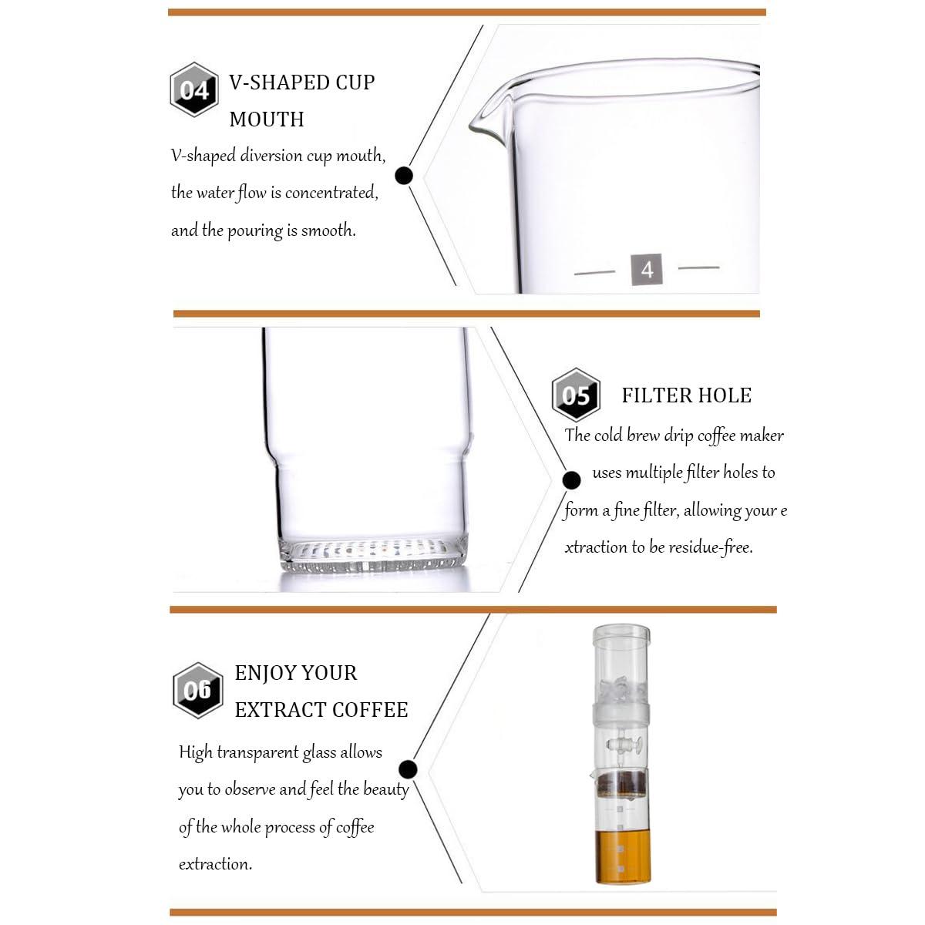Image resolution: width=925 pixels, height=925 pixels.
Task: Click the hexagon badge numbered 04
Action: [194, 89]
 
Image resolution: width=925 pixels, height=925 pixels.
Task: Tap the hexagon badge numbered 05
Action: [576, 395]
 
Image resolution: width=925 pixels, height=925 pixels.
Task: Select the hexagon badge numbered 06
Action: [197, 690]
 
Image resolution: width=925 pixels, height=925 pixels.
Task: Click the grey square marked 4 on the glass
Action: [647, 269]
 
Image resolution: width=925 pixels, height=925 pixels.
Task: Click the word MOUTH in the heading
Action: [267, 119]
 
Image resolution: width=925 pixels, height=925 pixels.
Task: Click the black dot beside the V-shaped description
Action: [404, 176]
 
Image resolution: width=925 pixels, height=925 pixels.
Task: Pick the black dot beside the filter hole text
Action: [571, 479]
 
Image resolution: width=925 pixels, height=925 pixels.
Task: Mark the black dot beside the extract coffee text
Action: [408, 769]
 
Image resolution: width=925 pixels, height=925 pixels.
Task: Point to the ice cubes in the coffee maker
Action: [621, 690]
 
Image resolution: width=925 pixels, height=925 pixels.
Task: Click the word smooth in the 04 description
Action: [328, 230]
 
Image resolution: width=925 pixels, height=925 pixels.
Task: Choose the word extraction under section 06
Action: [215, 864]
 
